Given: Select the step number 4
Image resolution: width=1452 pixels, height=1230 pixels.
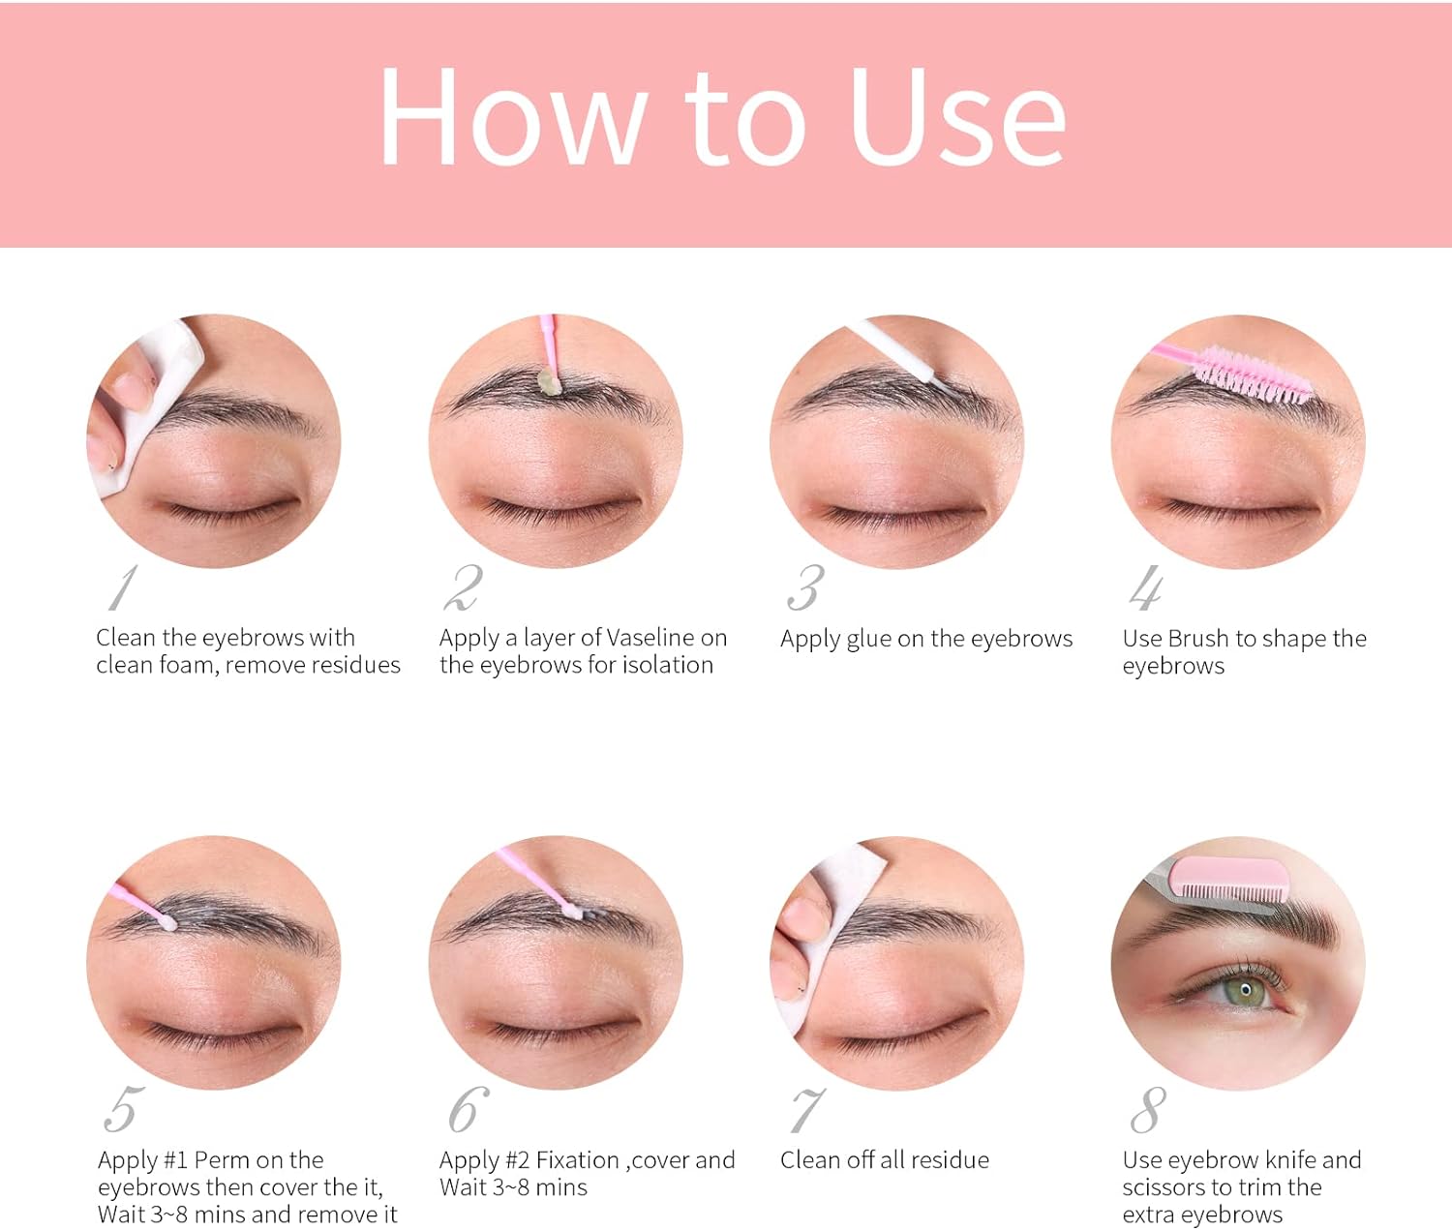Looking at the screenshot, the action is [1146, 587].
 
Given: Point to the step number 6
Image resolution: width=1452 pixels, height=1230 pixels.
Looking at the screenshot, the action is [469, 1109].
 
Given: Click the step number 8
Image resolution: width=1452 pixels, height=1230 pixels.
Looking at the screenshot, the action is [1148, 1110].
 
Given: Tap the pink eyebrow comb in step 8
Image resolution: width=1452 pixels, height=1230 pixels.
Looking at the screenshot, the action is [1228, 879].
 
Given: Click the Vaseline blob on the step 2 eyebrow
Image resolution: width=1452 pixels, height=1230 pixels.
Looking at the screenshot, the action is [548, 380].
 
